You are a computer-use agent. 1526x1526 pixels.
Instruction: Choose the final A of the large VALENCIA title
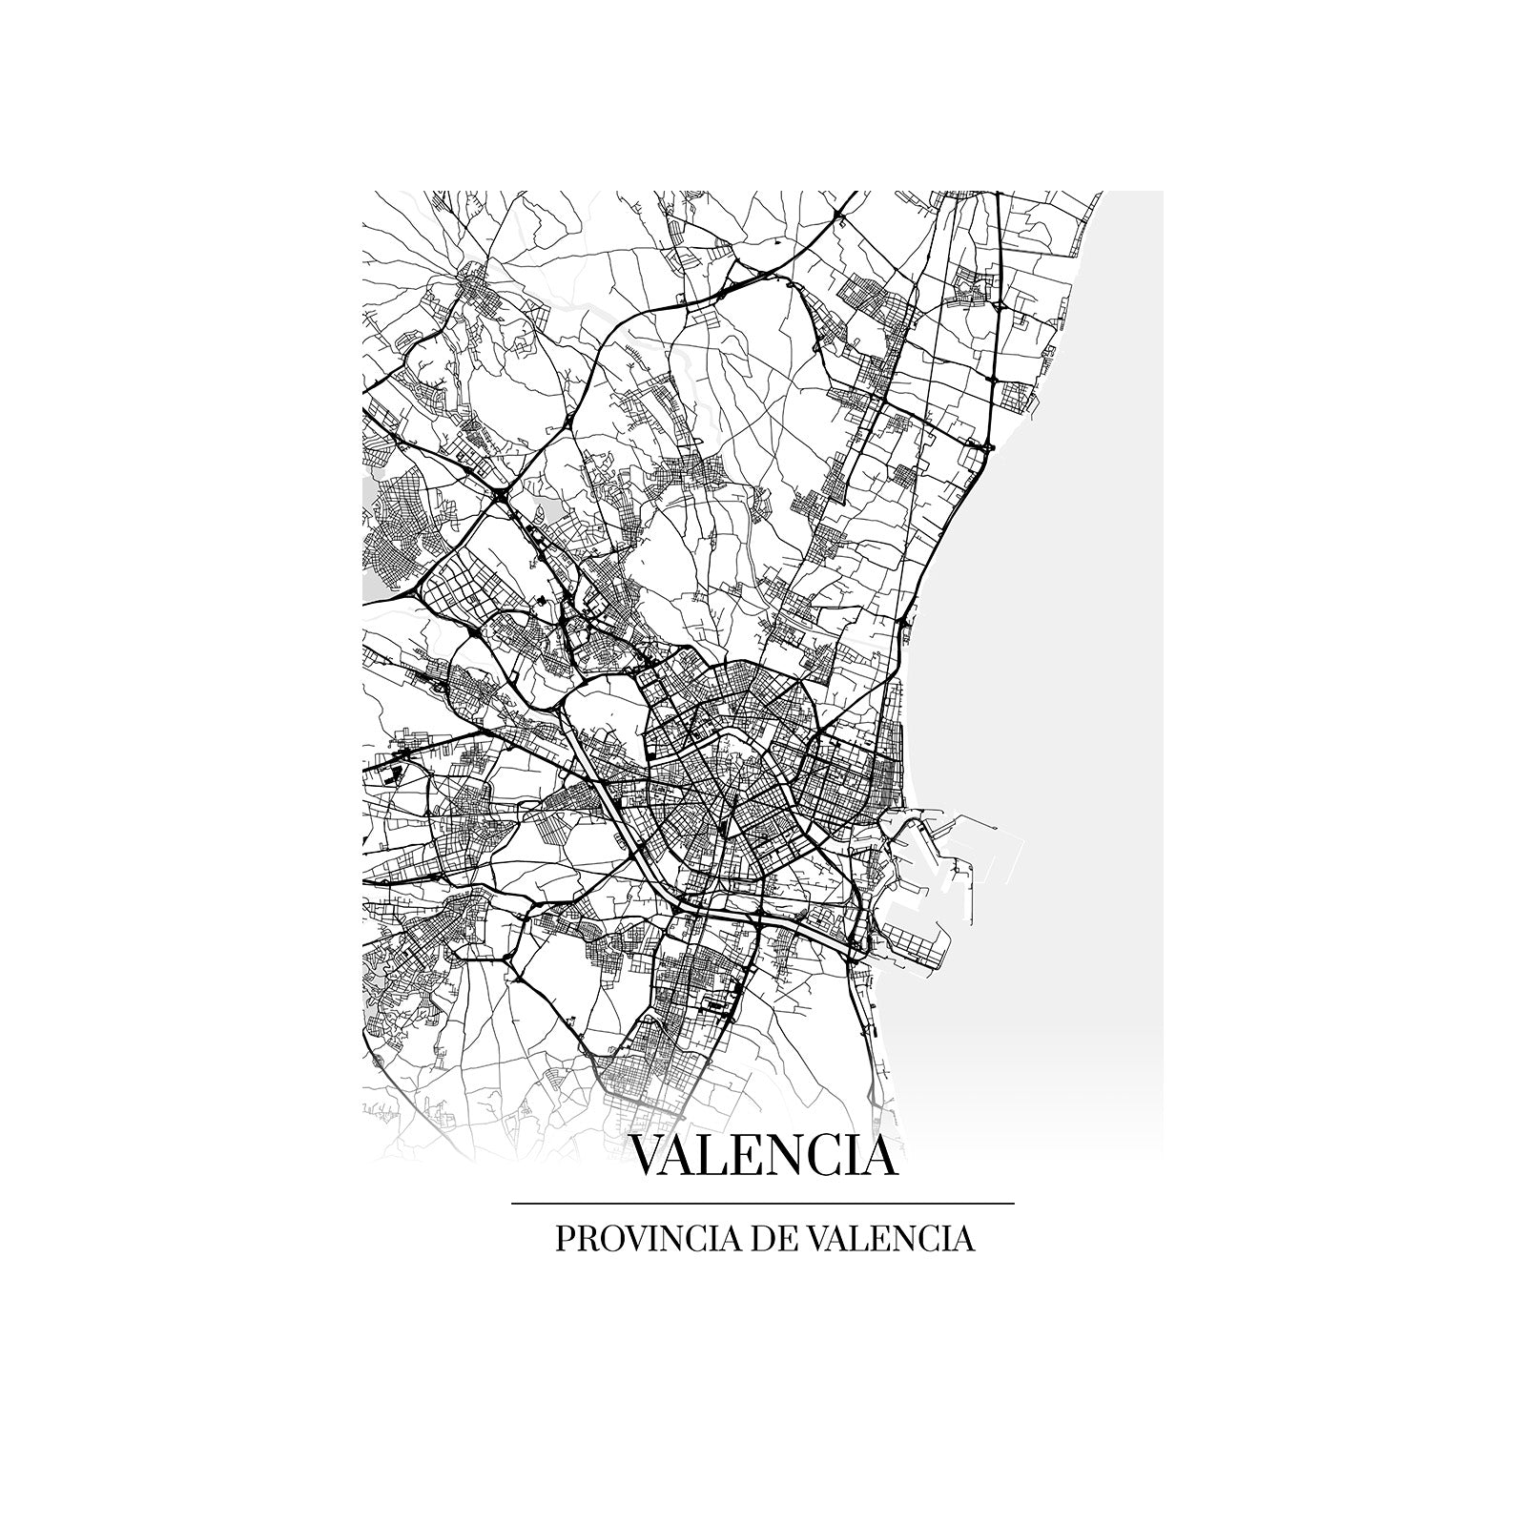coord(879,1156)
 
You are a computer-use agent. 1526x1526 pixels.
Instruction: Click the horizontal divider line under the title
coord(763,1205)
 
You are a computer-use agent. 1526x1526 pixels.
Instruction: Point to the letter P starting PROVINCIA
coord(563,1239)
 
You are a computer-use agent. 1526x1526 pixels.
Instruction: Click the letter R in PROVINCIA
coord(583,1239)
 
